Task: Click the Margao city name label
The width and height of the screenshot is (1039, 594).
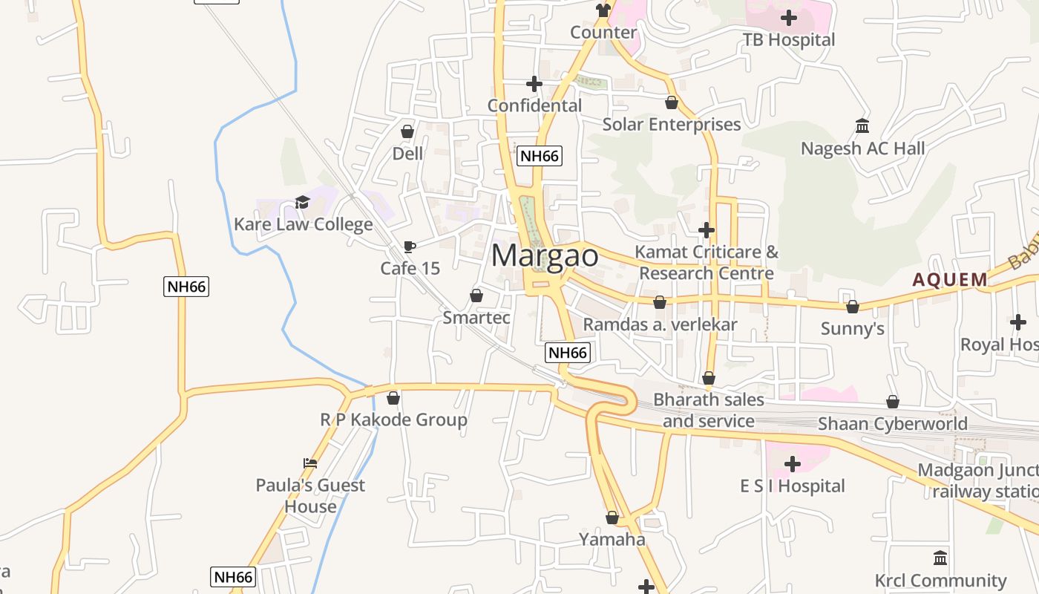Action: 545,256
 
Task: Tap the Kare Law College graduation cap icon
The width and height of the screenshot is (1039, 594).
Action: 302,202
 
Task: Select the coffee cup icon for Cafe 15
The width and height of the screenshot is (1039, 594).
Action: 409,247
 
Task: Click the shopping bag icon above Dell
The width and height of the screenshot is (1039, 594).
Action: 407,131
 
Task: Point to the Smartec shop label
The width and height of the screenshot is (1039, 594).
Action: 476,318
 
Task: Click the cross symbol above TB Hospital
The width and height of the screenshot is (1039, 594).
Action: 789,17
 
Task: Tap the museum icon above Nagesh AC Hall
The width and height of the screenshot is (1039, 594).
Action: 862,126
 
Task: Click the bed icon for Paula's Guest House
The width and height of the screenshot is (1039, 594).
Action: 310,463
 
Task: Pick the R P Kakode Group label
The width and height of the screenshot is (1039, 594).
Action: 393,420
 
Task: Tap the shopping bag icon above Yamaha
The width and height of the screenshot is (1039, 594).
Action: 612,518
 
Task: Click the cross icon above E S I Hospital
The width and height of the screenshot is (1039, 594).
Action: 792,464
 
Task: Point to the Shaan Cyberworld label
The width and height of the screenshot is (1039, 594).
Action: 892,424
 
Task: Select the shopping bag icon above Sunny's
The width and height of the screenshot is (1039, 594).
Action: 852,307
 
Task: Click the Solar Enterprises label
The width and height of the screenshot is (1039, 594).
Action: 672,125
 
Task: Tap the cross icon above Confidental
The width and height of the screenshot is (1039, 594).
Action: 534,84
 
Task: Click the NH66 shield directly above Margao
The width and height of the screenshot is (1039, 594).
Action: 540,156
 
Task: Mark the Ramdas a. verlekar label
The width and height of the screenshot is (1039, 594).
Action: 660,324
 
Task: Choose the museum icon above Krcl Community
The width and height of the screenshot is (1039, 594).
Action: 940,558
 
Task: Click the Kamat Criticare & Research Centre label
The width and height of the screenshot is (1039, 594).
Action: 707,263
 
